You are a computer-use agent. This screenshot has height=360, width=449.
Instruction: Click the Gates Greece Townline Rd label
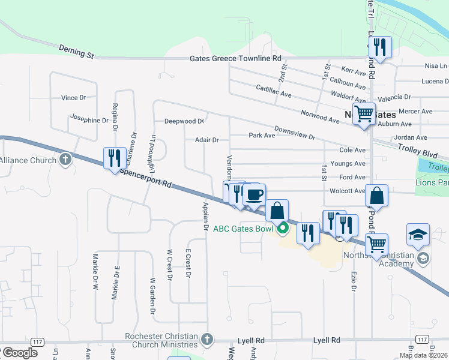click(235, 59)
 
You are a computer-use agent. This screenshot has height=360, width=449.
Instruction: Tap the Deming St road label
click(76, 51)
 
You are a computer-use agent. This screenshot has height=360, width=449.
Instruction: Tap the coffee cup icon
click(255, 194)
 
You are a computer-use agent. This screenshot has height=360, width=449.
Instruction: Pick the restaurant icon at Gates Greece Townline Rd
click(380, 47)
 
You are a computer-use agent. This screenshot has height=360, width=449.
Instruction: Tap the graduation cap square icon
click(418, 235)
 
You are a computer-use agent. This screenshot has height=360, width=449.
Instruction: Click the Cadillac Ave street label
click(273, 95)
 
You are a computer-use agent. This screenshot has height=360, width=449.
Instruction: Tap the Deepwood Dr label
click(184, 121)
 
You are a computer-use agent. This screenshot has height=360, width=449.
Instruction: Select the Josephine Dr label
click(89, 119)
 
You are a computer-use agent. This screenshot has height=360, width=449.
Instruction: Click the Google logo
click(19, 352)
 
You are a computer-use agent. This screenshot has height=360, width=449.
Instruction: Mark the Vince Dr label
click(74, 97)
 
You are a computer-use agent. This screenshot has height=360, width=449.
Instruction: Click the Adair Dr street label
click(206, 140)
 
